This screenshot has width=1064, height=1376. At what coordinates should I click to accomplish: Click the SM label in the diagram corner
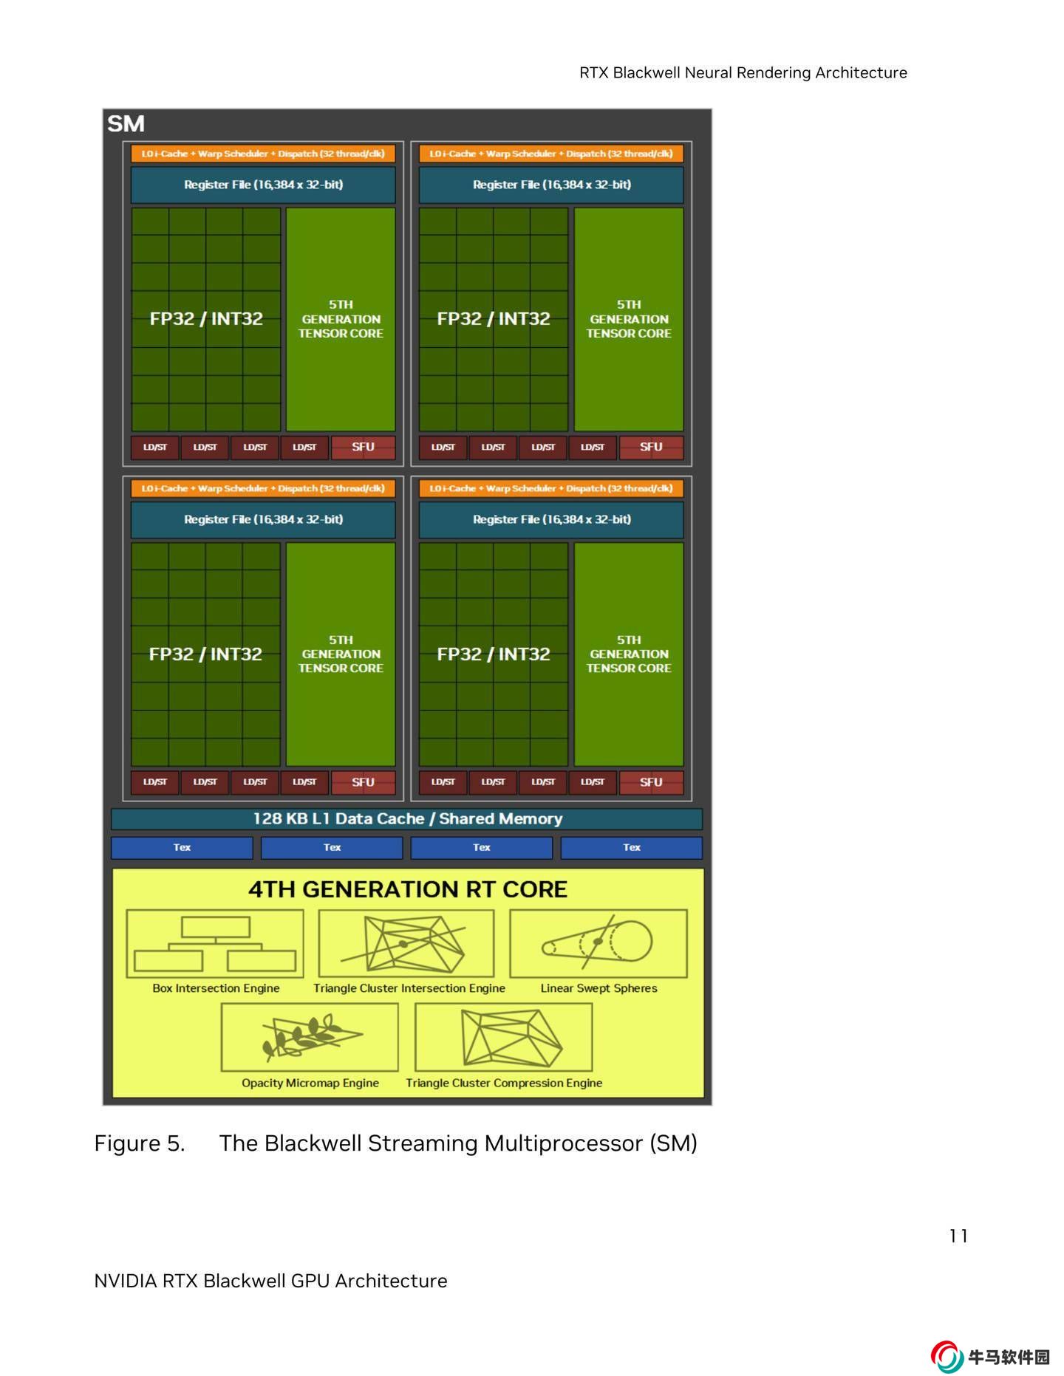point(126,123)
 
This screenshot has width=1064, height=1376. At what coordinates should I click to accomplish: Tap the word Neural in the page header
point(710,72)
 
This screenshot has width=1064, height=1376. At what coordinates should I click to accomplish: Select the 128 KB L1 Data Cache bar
point(406,818)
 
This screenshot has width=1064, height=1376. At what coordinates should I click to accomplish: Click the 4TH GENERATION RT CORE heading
point(407,889)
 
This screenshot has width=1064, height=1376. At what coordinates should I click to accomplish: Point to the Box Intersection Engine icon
point(215,943)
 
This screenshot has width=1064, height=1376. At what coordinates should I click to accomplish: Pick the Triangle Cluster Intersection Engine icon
point(406,943)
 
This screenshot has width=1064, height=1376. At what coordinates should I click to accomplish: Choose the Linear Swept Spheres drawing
point(598,943)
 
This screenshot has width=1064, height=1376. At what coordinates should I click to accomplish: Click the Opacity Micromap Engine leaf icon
point(310,1036)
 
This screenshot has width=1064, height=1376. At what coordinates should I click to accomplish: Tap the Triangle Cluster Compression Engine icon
point(504,1037)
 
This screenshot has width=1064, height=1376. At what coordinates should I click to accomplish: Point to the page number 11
point(958,1236)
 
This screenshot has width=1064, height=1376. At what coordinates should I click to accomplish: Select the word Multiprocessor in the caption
point(564,1143)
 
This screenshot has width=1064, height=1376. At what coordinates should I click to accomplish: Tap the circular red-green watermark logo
point(947,1357)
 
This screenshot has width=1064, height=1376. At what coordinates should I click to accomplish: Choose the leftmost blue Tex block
point(182,847)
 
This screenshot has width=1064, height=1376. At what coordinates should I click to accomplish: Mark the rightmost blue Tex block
point(631,847)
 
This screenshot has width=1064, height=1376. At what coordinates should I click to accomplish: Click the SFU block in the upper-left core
point(363,447)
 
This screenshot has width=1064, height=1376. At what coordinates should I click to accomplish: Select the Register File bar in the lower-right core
point(551,519)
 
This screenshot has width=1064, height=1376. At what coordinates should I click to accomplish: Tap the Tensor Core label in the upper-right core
point(629,319)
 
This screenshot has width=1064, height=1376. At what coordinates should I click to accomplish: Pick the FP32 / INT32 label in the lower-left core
point(205,654)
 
